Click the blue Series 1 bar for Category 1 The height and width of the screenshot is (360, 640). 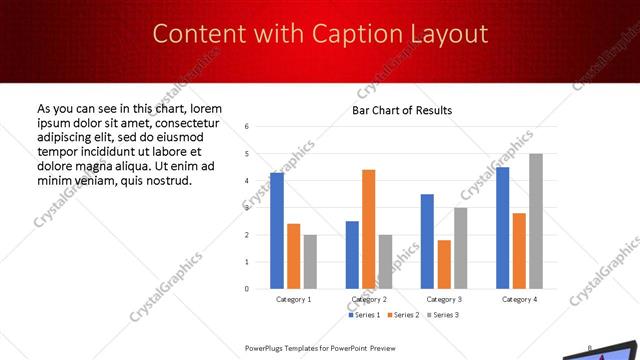click(x=277, y=231)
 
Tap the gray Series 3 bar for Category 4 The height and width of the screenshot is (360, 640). click(x=536, y=221)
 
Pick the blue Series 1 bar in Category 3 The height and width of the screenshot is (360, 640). click(x=427, y=241)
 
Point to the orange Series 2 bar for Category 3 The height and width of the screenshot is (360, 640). click(x=444, y=264)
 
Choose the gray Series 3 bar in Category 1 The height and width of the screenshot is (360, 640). click(x=310, y=262)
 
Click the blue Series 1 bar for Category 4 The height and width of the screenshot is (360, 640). click(x=502, y=228)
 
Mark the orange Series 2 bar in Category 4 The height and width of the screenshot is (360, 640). click(x=519, y=251)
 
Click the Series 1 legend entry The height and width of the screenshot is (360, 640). click(x=365, y=315)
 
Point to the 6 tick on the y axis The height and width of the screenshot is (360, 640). click(x=247, y=127)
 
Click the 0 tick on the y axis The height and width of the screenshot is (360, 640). click(x=247, y=289)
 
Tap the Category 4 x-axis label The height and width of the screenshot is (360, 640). click(x=519, y=299)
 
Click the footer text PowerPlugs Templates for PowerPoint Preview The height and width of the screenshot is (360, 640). click(x=321, y=348)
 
